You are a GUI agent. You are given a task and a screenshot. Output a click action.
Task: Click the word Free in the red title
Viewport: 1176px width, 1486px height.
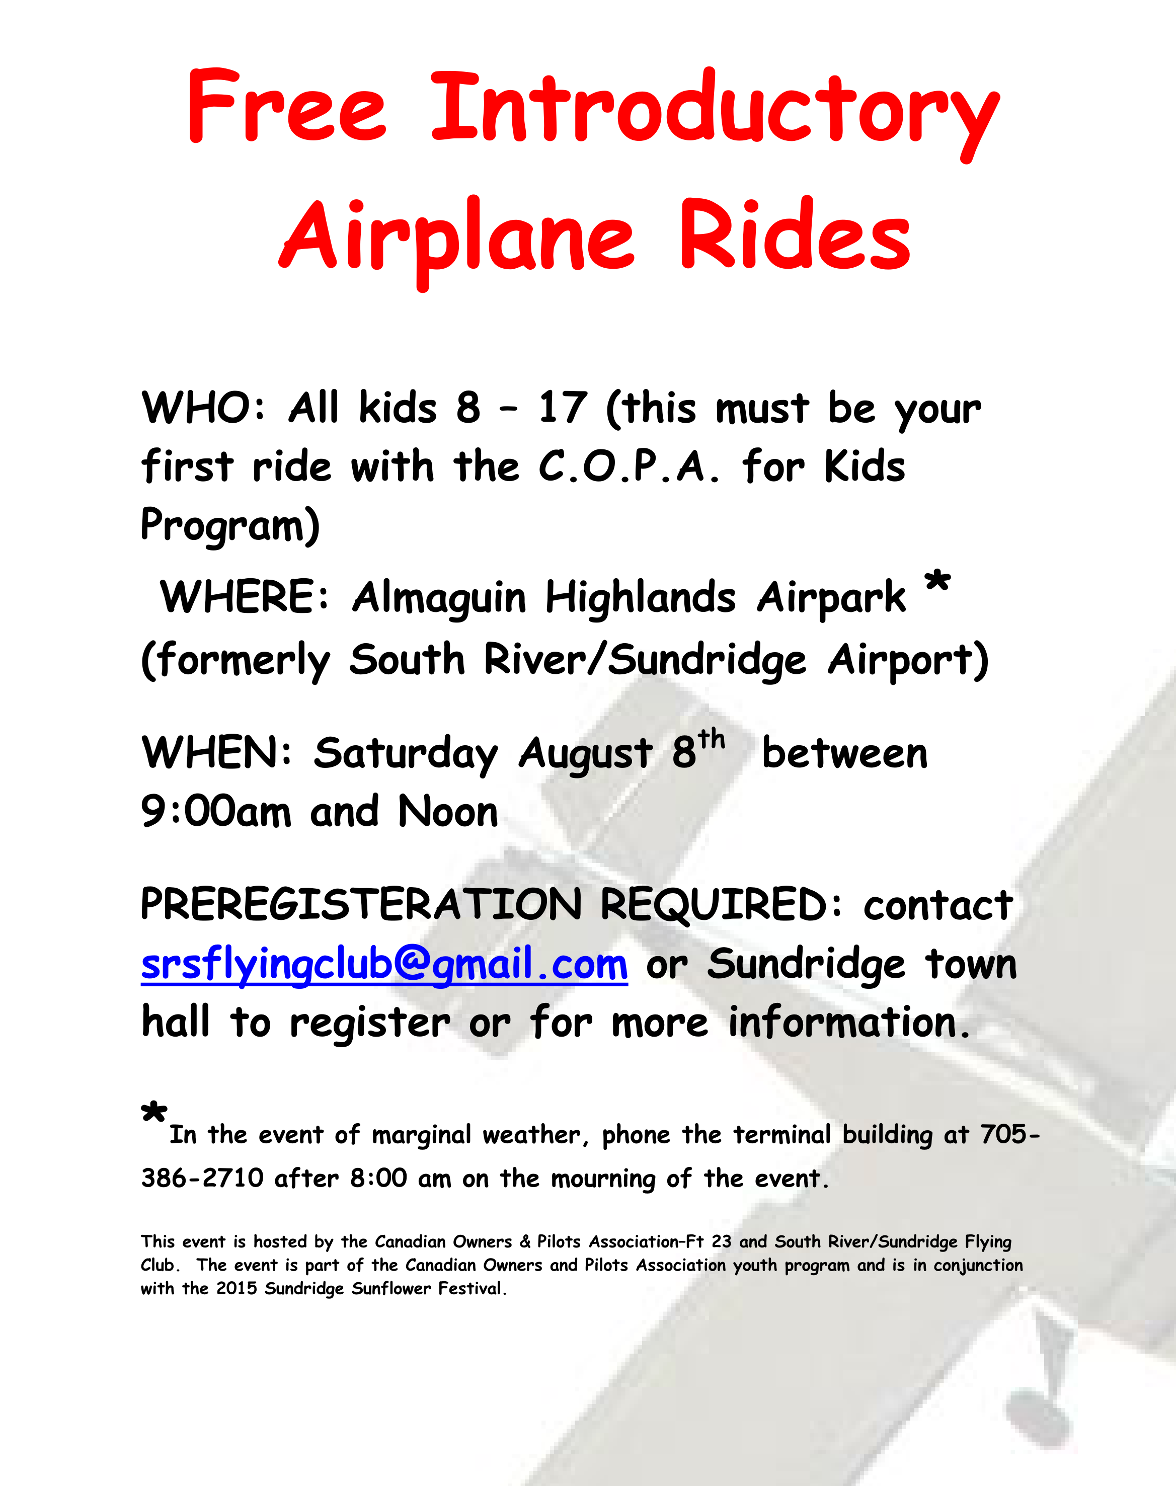[287, 106]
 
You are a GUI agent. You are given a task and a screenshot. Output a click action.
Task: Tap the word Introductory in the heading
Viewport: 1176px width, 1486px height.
[716, 114]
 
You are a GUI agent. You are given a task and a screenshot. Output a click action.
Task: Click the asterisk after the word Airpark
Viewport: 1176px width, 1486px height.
[937, 583]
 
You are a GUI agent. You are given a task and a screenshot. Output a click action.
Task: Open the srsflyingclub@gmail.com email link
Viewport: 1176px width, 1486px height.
[384, 965]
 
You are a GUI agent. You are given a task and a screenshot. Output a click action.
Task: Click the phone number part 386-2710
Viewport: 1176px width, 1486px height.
[202, 1178]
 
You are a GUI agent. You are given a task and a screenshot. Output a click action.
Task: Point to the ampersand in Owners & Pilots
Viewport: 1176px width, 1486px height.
[525, 1241]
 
